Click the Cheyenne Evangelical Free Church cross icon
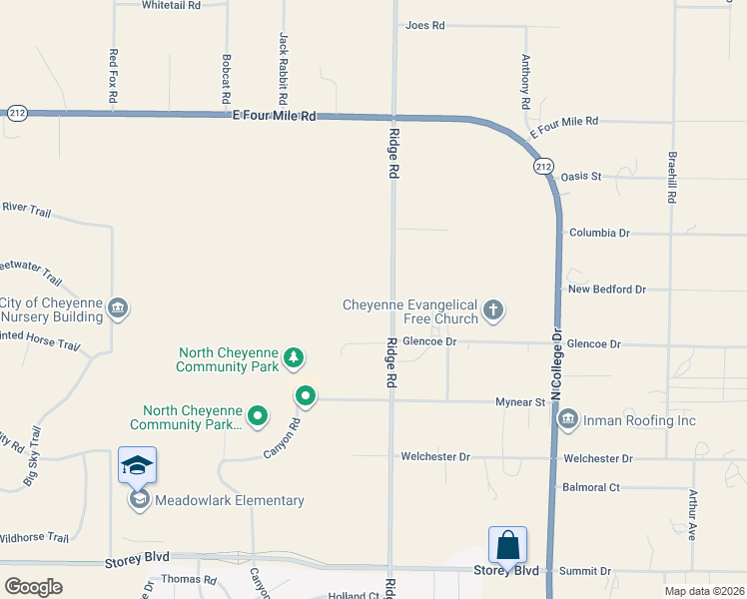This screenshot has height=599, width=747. tap(492, 310)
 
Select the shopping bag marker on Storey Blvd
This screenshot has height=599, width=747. tap(507, 546)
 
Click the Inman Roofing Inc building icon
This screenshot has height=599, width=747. tap(568, 420)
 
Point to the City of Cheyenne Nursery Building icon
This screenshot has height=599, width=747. tap(119, 306)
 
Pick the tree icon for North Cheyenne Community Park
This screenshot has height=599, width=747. tap(294, 356)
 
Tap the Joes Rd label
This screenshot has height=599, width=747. tap(424, 25)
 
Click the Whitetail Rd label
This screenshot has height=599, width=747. tap(172, 5)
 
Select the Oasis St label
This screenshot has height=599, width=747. tap(581, 177)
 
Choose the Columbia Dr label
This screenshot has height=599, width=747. tap(599, 233)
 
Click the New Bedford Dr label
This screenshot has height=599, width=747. tap(607, 290)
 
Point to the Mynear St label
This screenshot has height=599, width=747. tap(520, 402)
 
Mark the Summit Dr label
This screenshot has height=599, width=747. tap(585, 571)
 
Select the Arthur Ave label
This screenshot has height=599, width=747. tap(691, 515)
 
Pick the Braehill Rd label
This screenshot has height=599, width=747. tap(673, 178)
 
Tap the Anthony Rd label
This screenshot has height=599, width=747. tap(525, 82)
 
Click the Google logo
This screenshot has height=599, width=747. tap(34, 587)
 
